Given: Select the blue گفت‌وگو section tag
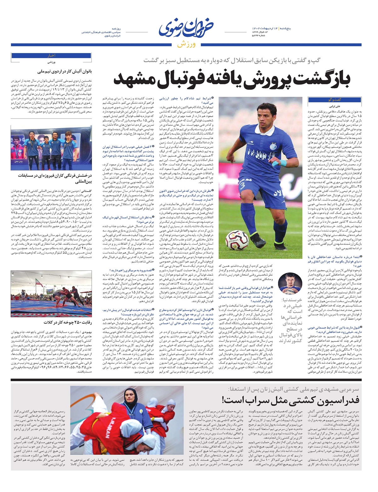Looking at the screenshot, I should pyautogui.click(x=334, y=100).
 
